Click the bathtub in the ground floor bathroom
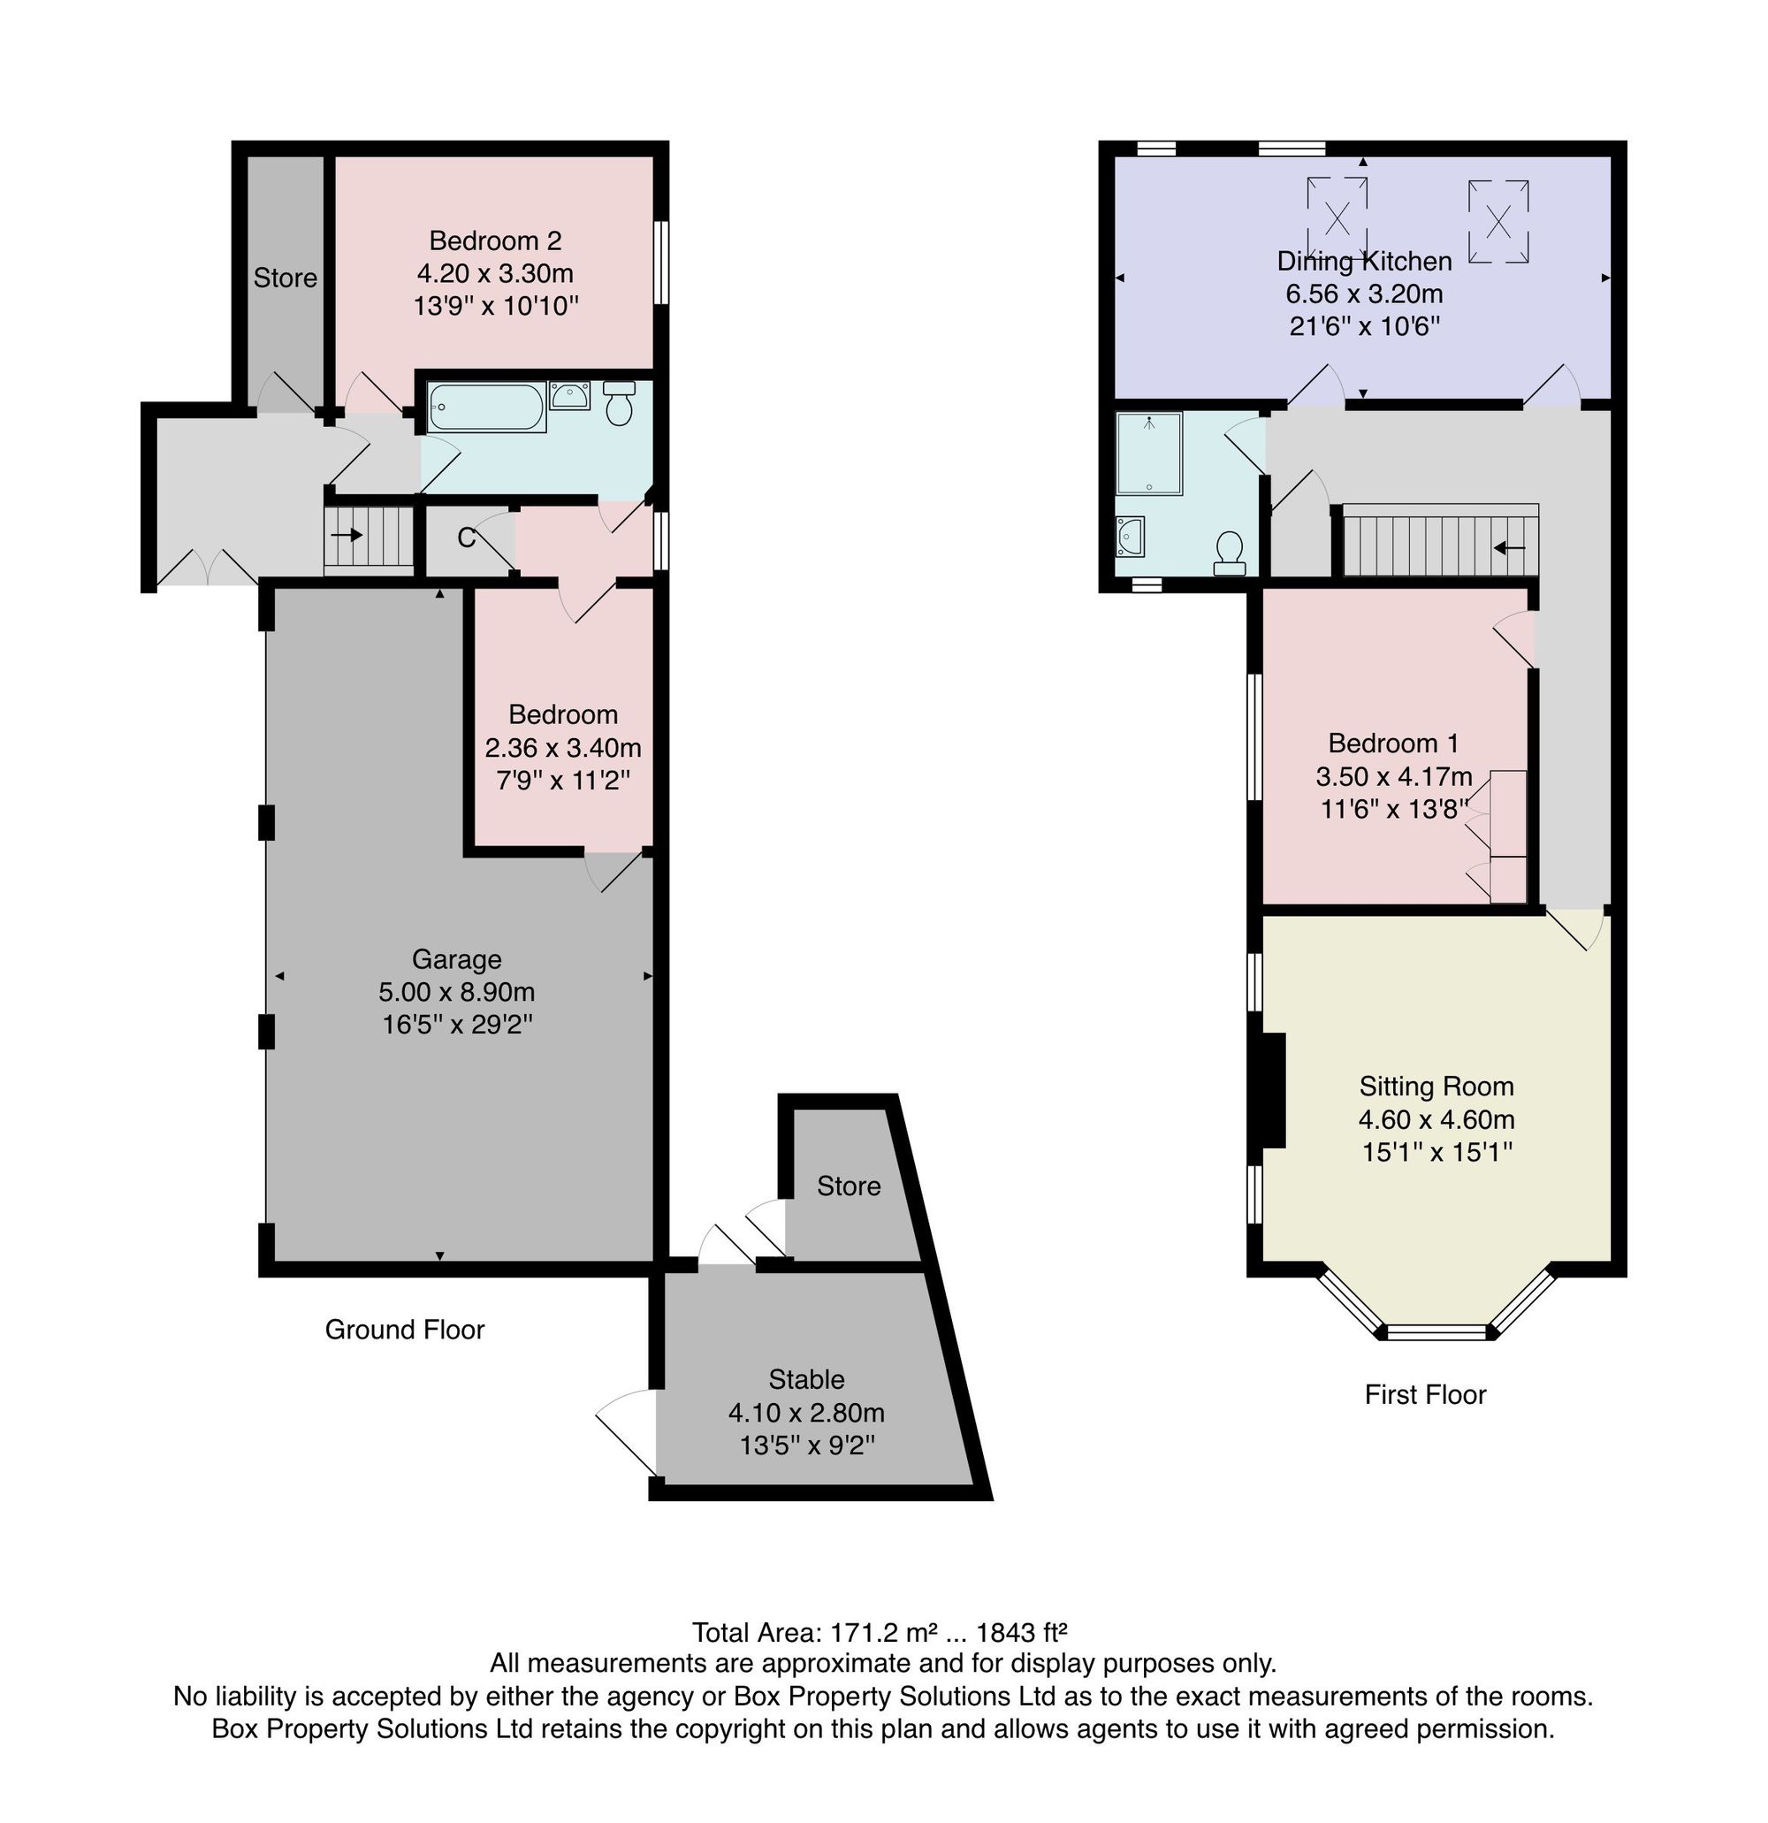point(486,407)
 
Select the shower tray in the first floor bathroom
point(1149,453)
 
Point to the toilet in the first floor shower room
point(1230,553)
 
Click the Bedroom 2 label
point(495,240)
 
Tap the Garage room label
point(457,959)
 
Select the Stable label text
point(806,1379)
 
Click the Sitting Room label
point(1436,1087)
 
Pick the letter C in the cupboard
point(467,538)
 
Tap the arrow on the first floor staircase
point(1508,548)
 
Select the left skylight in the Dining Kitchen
point(1337,217)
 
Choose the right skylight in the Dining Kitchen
point(1498,221)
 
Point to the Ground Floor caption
point(405,1329)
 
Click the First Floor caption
point(1425,1394)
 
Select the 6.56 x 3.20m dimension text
point(1363,294)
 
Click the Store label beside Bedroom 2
point(286,278)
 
